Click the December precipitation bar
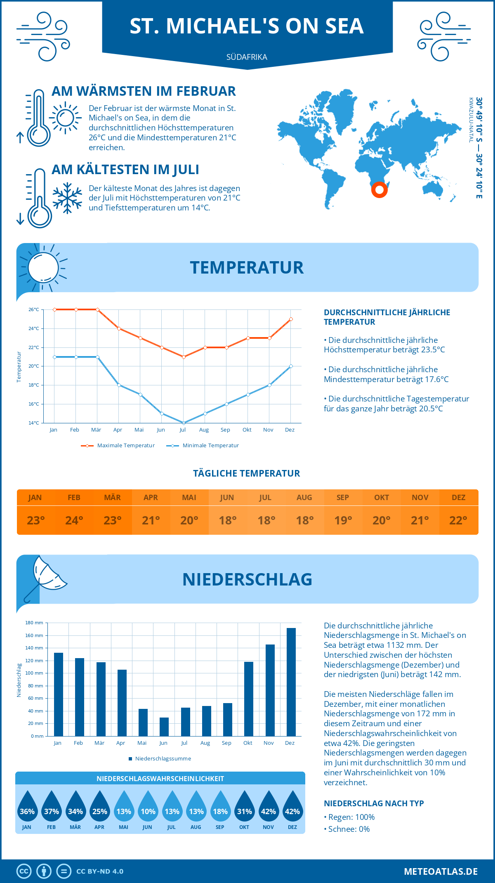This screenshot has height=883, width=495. tap(291, 682)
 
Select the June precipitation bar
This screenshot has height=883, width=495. tap(164, 727)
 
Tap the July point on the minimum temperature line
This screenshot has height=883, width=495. tap(184, 423)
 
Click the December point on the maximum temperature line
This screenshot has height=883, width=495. tap(291, 319)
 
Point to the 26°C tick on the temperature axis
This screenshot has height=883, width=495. tap(34, 309)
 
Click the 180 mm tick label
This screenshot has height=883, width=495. tap(34, 623)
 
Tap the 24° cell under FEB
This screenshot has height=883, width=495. tap(74, 520)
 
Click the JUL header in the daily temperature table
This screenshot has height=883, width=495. tap(265, 498)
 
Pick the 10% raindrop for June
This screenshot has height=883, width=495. tap(148, 807)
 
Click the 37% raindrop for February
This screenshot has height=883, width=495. tap(52, 807)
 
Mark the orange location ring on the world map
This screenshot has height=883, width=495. tap(379, 190)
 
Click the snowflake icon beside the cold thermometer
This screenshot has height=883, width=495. tap(67, 198)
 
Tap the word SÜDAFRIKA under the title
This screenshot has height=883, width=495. tap(247, 57)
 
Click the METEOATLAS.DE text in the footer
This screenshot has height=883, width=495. tap(441, 871)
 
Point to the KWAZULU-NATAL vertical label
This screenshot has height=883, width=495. tap(471, 120)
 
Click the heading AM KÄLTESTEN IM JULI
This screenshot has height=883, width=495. tap(125, 170)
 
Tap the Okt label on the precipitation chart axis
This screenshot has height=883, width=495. tap(247, 743)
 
